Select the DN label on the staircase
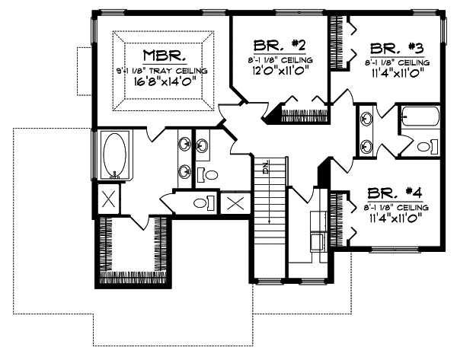(265, 167)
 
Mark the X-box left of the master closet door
(109, 199)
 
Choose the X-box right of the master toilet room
(234, 203)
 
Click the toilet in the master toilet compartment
(204, 202)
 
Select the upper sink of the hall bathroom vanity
(366, 119)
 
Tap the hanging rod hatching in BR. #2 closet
(305, 116)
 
